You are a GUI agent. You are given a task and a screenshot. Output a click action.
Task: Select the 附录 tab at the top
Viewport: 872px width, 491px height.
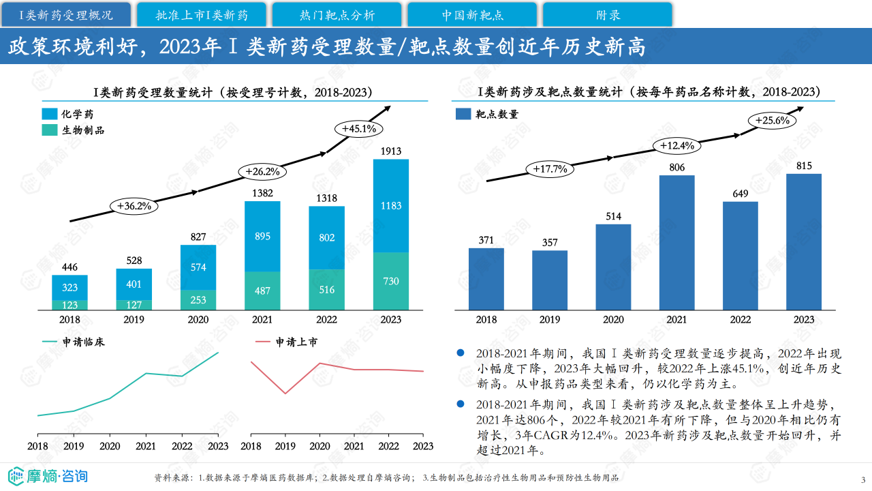click(x=608, y=14)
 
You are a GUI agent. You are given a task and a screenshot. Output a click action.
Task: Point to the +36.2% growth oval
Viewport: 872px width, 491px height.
click(x=134, y=205)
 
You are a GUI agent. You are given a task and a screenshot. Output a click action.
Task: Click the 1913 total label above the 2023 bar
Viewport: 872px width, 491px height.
click(x=390, y=151)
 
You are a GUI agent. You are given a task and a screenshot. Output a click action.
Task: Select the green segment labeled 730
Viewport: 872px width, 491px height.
click(x=391, y=282)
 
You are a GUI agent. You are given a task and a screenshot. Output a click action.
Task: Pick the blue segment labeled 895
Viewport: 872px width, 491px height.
click(x=262, y=236)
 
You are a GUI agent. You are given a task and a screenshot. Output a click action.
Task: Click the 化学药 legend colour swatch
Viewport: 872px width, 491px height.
click(x=50, y=113)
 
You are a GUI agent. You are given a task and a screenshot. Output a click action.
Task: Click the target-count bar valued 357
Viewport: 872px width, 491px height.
click(x=550, y=280)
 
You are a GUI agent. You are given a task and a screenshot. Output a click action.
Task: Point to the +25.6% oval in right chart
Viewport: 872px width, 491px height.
click(x=772, y=121)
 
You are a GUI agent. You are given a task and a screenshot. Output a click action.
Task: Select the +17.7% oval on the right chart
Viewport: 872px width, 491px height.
click(x=550, y=169)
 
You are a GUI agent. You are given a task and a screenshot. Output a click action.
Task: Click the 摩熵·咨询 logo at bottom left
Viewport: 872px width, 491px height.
click(x=48, y=475)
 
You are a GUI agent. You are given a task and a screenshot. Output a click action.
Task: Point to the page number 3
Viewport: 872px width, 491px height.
click(x=863, y=479)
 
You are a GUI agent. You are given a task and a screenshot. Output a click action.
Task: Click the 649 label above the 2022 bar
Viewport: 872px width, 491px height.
click(x=741, y=194)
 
